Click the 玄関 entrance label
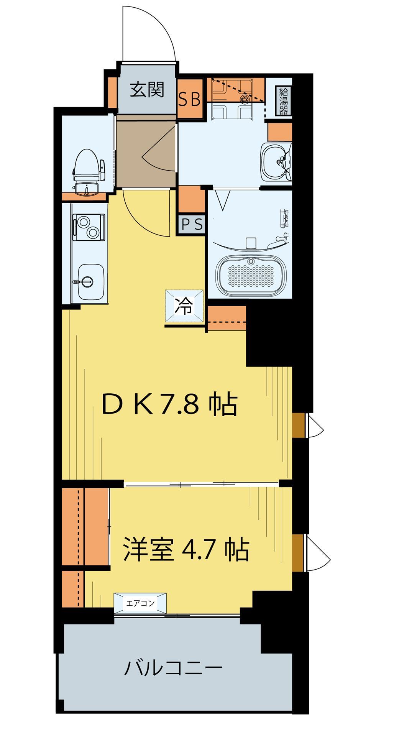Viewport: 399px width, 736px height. point(147,90)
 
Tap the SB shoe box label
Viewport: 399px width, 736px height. point(190,100)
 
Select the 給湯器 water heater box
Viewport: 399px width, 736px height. point(284,101)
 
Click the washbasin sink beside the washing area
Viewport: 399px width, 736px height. point(275,161)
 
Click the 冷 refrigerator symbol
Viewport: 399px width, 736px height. point(184,306)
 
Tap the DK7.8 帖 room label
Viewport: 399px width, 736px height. point(169,405)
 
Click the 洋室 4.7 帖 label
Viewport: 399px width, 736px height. point(186,549)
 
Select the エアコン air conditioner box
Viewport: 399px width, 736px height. point(140,603)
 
